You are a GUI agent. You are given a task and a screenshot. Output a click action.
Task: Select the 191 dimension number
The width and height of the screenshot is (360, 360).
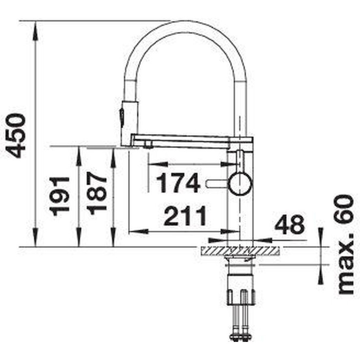pyautogui.click(x=60, y=196)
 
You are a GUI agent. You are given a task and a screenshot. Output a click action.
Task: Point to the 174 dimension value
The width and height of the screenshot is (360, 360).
pyautogui.click(x=177, y=183)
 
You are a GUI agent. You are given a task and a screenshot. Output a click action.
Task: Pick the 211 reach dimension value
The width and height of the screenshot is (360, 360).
pyautogui.click(x=185, y=216)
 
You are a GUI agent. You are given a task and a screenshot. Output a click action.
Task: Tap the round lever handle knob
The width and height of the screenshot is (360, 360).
pyautogui.click(x=240, y=184)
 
